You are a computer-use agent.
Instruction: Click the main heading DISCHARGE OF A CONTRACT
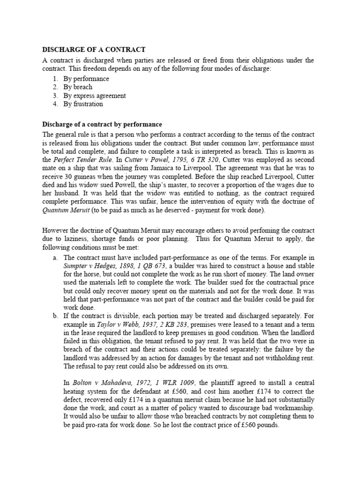[94, 50]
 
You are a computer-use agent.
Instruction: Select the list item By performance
[86, 79]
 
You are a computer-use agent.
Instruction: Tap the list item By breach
[78, 87]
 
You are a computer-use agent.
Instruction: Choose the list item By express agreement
[95, 96]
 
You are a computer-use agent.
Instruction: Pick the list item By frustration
[83, 104]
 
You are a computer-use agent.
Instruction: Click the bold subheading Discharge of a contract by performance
[102, 125]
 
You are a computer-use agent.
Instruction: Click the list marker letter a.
[55, 258]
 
